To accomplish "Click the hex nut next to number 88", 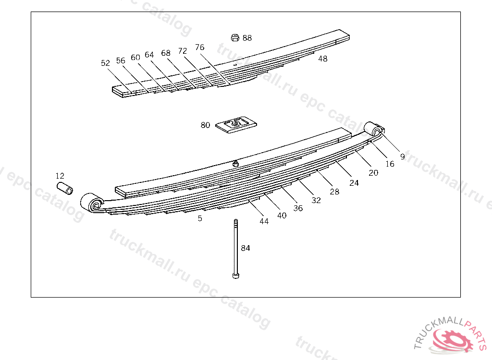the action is tap(234, 37).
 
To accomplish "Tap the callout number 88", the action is tap(247, 38).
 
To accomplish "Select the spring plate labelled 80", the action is tap(236, 124).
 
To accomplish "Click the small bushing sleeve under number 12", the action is tap(65, 188).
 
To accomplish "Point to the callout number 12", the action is tap(60, 176).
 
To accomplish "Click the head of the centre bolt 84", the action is tap(235, 276).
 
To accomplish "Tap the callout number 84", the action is tap(246, 248).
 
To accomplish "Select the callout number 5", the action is tap(200, 218).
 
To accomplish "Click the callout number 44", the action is tap(264, 221).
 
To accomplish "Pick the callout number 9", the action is tap(403, 156).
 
